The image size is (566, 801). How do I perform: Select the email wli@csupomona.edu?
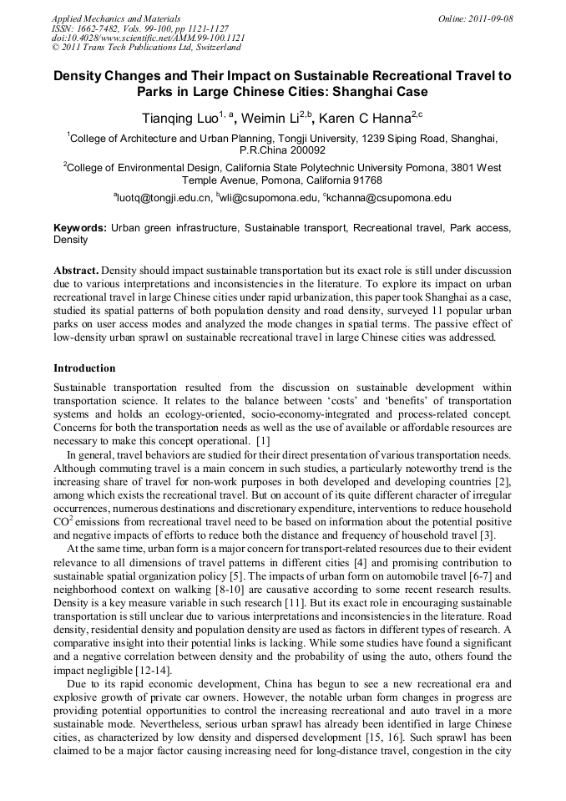tap(269, 199)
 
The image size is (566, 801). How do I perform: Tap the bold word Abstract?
tap(76, 272)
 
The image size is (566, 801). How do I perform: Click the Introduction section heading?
tap(84, 368)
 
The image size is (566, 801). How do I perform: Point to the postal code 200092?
tap(306, 150)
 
